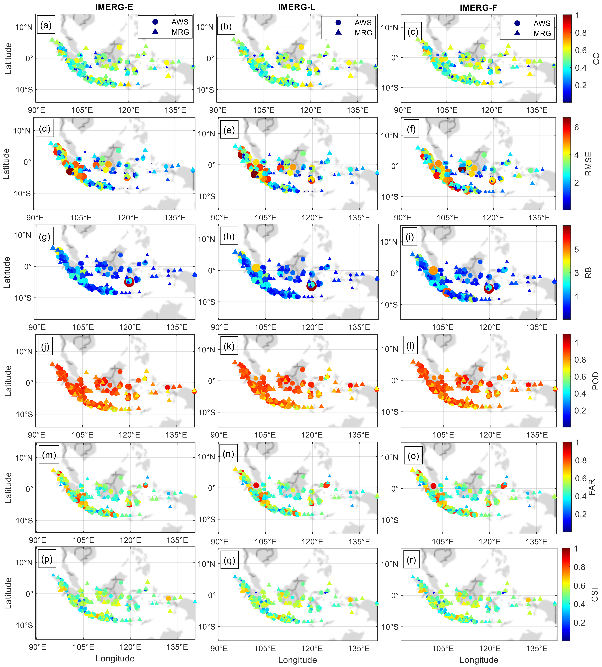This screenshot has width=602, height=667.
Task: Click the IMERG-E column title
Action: (x=114, y=7)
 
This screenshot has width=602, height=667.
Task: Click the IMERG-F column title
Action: (x=478, y=8)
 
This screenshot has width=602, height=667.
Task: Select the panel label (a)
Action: (x=46, y=25)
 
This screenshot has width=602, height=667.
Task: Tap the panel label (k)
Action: (x=229, y=346)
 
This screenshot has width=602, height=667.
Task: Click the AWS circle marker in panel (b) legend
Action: (x=338, y=22)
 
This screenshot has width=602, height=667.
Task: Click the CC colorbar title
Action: (x=596, y=59)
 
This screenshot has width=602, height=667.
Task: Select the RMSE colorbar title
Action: (x=588, y=164)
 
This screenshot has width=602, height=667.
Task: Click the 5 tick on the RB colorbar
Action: (x=577, y=250)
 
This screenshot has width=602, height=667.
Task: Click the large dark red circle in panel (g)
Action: (x=129, y=282)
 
